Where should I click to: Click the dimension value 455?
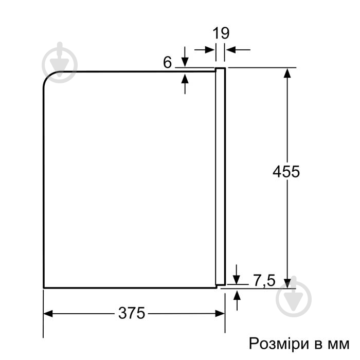tap(286, 171)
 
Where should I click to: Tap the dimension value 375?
tap(132, 313)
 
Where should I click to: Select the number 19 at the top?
tap(221, 33)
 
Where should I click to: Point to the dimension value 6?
tap(167, 62)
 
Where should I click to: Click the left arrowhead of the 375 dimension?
tap(48, 313)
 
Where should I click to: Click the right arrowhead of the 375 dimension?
tap(220, 313)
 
